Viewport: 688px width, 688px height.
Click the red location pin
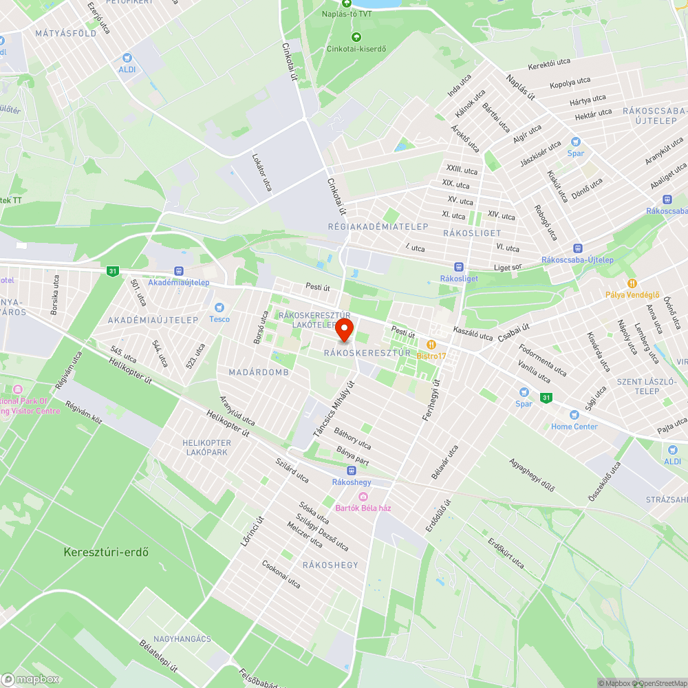tap(344, 330)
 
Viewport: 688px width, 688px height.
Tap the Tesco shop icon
tap(219, 308)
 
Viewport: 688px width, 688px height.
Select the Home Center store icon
tap(574, 415)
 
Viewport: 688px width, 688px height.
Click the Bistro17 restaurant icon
tap(431, 344)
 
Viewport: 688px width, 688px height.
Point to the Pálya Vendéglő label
tap(632, 294)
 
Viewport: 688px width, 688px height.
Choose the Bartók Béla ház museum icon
tap(363, 497)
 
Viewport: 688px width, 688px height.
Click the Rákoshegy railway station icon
tap(352, 471)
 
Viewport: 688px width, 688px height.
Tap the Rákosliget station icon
tap(459, 267)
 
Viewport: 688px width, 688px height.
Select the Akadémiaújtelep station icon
tap(179, 271)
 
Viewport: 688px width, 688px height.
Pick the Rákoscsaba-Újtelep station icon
tap(577, 248)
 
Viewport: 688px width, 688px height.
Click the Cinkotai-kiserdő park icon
tap(356, 37)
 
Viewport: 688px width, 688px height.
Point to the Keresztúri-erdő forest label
tap(106, 552)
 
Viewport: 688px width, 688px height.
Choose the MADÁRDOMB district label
tap(259, 372)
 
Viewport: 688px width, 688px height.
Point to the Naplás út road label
tap(521, 87)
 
